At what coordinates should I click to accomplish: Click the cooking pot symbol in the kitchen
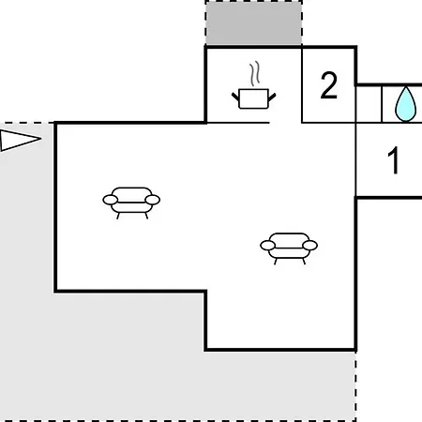[x=253, y=98]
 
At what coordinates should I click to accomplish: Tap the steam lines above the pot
[x=255, y=74]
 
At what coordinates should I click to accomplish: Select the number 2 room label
[x=329, y=85]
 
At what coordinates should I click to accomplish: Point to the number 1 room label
[x=394, y=160]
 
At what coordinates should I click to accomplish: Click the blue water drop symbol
[x=405, y=104]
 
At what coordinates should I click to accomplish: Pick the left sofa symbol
[x=131, y=203]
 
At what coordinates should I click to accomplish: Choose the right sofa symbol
[x=289, y=249]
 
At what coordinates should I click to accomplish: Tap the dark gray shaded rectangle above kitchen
[x=253, y=23]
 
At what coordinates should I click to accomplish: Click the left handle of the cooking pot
[x=235, y=97]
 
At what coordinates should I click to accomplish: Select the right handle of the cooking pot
[x=272, y=97]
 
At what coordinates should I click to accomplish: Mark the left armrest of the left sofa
[x=111, y=200]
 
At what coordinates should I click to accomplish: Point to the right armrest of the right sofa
[x=310, y=246]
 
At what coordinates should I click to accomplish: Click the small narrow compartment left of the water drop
[x=369, y=104]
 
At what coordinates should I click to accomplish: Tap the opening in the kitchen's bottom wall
[x=285, y=123]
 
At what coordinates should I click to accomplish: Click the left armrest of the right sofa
[x=268, y=246]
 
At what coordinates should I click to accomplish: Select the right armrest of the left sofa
[x=153, y=200]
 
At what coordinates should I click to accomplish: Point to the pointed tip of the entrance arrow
[x=41, y=139]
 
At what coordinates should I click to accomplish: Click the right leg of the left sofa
[x=146, y=216]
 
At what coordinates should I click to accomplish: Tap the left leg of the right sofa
[x=276, y=262]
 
